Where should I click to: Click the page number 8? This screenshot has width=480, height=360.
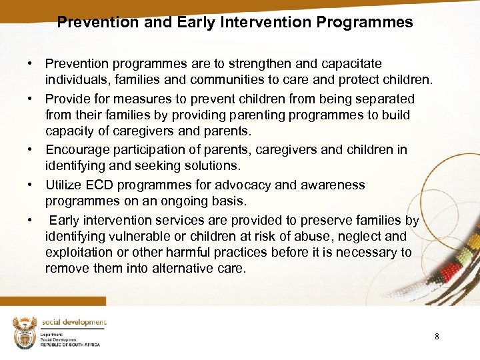coord(437,337)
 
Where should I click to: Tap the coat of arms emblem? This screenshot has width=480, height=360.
coord(24,331)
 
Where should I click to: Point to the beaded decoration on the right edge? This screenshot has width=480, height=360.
coord(459,260)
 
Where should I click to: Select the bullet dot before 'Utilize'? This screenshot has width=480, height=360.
coord(31,185)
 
